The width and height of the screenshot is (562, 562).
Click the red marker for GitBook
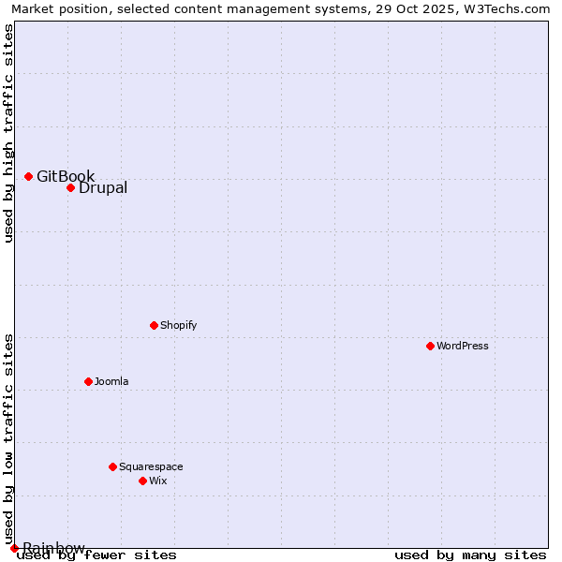(28, 176)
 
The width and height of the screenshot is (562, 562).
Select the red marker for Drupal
(70, 187)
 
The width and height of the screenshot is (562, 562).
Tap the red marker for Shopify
(154, 325)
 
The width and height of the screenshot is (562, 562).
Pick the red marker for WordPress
(430, 346)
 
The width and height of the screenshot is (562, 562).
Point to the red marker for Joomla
(88, 381)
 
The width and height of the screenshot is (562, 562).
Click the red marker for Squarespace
(112, 466)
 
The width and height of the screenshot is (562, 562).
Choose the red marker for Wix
(142, 481)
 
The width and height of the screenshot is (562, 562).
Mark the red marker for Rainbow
(14, 548)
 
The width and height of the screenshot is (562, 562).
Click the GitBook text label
(66, 176)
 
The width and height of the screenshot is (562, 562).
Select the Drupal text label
(103, 187)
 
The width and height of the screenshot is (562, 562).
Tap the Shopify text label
(178, 325)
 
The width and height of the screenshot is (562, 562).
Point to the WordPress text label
(463, 346)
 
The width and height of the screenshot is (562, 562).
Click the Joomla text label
(111, 381)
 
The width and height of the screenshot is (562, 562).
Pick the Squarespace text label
(151, 466)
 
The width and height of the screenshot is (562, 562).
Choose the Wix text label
(157, 481)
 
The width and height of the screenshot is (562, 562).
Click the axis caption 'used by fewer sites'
(96, 555)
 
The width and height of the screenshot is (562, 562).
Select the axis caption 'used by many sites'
(470, 555)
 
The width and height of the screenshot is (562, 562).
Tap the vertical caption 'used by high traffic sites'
(8, 133)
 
